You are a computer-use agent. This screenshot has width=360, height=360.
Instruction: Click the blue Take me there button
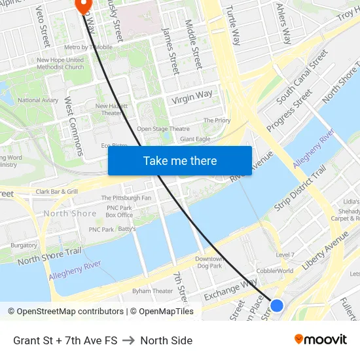pyautogui.click(x=179, y=160)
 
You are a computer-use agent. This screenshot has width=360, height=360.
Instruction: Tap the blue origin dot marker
pyautogui.click(x=277, y=305)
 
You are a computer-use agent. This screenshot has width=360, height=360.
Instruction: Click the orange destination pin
pyautogui.click(x=83, y=5)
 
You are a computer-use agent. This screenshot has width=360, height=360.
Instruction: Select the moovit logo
pyautogui.click(x=321, y=340)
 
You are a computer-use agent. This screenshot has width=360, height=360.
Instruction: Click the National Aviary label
pyautogui.click(x=38, y=100)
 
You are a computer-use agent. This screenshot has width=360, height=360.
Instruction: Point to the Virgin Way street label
pyautogui.click(x=192, y=98)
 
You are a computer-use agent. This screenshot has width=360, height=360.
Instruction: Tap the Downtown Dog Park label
pyautogui.click(x=209, y=262)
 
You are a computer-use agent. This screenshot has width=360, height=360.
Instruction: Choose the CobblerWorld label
pyautogui.click(x=275, y=270)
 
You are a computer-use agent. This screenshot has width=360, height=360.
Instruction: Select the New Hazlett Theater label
pyautogui.click(x=111, y=109)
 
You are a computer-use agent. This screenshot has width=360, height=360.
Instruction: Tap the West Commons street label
pyautogui.click(x=73, y=127)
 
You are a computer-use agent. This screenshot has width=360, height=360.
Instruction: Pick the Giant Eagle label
pyautogui.click(x=195, y=139)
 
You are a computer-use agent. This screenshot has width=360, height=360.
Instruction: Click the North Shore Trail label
pyautogui.click(x=49, y=256)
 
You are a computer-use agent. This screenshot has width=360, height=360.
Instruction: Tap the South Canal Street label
pyautogui.click(x=302, y=77)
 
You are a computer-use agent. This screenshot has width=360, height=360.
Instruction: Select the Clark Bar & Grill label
pyautogui.click(x=57, y=192)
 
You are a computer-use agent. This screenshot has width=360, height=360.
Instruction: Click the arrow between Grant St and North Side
pyautogui.click(x=128, y=340)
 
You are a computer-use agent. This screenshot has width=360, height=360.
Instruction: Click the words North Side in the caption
pyautogui.click(x=166, y=340)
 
